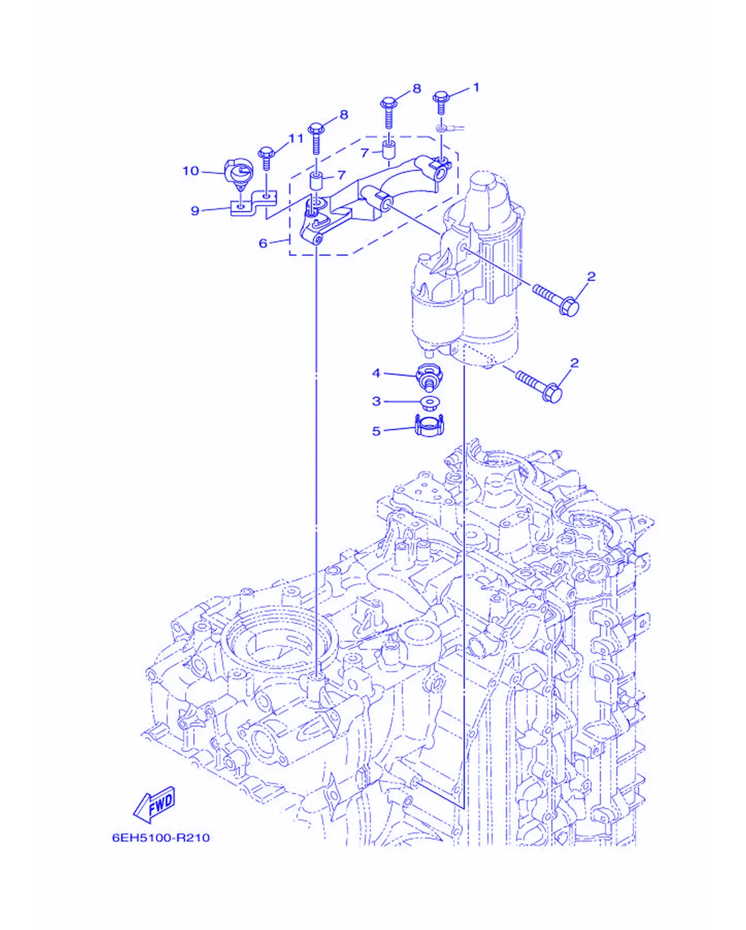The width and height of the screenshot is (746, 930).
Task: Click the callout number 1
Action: [x=476, y=87]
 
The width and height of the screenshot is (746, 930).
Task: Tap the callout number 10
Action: [x=190, y=171]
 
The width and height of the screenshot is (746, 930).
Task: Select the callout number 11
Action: [x=296, y=138]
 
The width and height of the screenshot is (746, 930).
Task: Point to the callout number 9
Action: [x=195, y=210]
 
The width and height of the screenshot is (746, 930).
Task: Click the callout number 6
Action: [x=263, y=243]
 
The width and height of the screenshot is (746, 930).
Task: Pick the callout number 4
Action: [x=376, y=373]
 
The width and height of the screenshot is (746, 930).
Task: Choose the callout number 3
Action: [x=376, y=401]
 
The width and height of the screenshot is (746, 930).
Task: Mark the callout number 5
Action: [x=376, y=431]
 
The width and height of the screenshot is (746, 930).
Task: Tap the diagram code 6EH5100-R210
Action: [x=161, y=837]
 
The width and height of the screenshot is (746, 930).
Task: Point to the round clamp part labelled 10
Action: [x=239, y=174]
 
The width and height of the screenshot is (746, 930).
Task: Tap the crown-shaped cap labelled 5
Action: [x=429, y=425]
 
